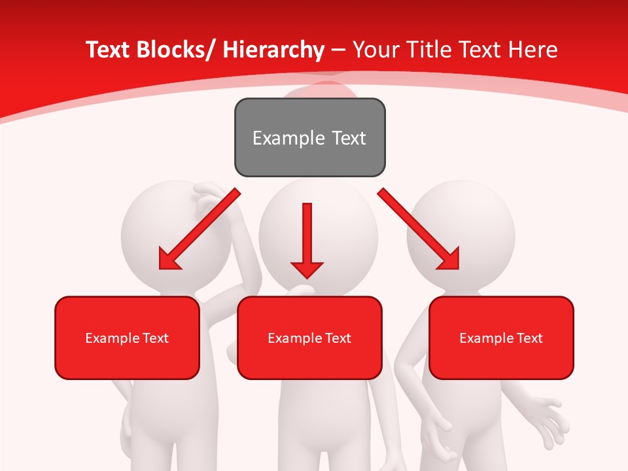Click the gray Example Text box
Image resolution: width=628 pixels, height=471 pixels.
click(x=309, y=137)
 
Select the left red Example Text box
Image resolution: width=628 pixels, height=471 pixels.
click(x=127, y=338)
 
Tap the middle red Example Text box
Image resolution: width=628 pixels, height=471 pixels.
click(x=309, y=338)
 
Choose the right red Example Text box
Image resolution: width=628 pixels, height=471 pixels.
click(x=501, y=338)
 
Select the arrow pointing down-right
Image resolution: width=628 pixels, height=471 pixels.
click(x=419, y=230)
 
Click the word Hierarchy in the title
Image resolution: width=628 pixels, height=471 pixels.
click(x=273, y=50)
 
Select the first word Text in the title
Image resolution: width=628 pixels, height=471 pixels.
click(x=108, y=50)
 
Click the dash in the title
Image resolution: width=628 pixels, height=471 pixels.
click(x=338, y=50)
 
